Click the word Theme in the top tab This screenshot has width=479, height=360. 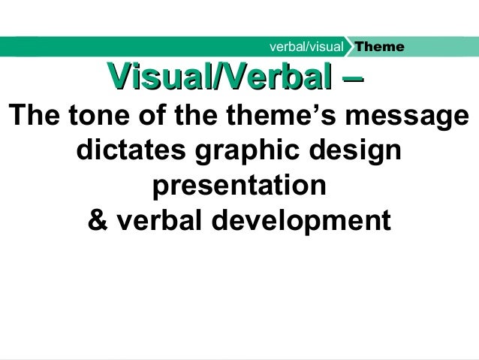tap(380, 47)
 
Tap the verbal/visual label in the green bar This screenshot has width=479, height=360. tap(306, 47)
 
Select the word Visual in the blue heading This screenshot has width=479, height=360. tap(154, 76)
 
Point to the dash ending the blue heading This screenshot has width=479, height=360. tap(354, 76)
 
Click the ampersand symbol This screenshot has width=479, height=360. tap(98, 221)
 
